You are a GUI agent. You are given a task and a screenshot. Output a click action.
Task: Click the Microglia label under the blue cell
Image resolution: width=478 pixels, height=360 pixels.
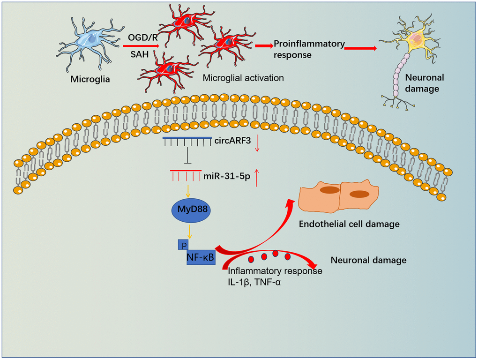[x=90, y=79]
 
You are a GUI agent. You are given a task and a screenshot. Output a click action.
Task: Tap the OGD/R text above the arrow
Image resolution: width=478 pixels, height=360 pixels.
[x=143, y=36]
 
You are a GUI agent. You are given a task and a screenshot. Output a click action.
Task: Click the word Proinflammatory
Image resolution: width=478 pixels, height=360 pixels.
[x=309, y=44]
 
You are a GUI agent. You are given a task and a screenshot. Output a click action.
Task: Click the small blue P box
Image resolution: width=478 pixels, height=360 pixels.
[x=181, y=244]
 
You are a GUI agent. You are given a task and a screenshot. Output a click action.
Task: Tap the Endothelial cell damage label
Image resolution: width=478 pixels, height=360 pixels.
[x=349, y=224]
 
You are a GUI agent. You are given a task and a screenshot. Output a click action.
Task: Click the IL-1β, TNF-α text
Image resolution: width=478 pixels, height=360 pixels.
[x=256, y=281]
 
